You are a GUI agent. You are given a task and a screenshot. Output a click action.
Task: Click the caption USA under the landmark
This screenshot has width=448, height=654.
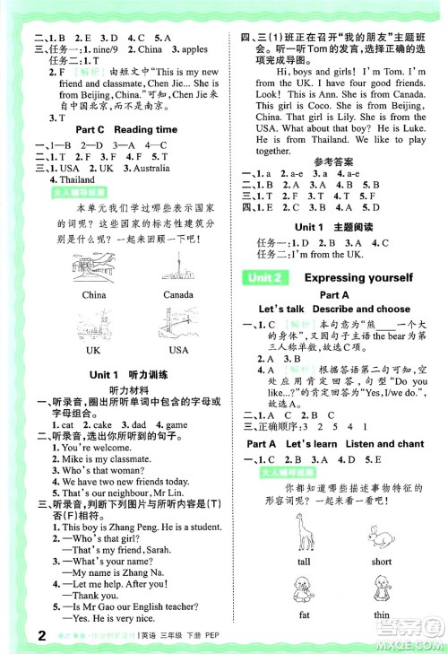tap(178, 350)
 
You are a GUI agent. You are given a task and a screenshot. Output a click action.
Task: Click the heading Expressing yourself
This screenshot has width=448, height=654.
tap(358, 277)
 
